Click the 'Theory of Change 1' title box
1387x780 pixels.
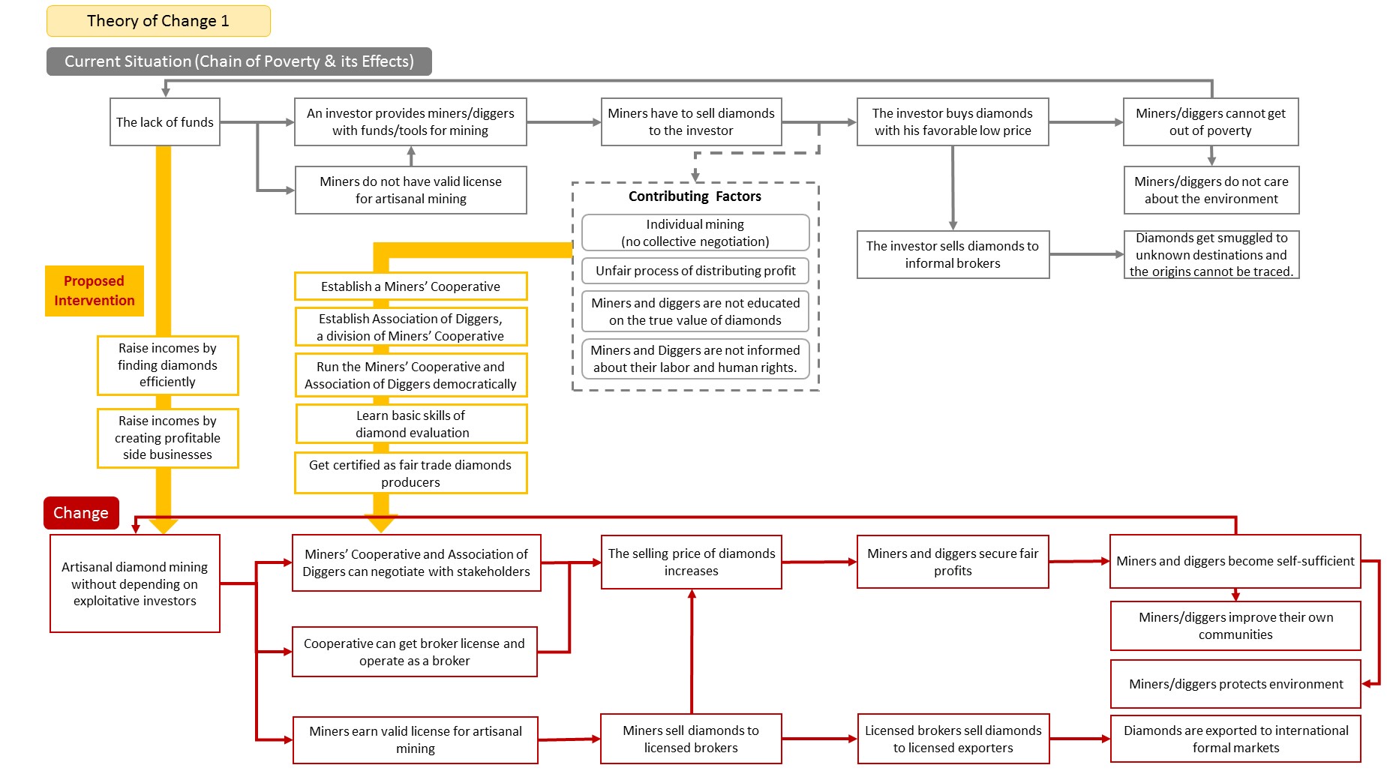(158, 21)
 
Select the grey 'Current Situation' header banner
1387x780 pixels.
(239, 61)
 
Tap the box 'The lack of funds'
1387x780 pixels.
(165, 121)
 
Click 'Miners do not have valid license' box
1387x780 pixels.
(411, 190)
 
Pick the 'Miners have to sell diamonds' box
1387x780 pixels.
(691, 121)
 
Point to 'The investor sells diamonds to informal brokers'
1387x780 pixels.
(953, 254)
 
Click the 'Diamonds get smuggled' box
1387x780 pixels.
(1211, 254)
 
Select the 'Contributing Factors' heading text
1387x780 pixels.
(695, 196)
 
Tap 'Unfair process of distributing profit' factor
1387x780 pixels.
(695, 271)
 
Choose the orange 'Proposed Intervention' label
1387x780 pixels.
(95, 291)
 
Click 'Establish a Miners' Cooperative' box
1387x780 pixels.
(411, 286)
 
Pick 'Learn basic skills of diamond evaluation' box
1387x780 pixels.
(412, 424)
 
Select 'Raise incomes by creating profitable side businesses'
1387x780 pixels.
(168, 438)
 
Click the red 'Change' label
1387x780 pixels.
(81, 513)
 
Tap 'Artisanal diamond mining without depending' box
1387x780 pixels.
(135, 583)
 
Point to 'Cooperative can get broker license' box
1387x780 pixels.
(415, 652)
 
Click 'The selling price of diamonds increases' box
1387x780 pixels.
(691, 562)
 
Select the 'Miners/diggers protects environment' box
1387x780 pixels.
(1235, 684)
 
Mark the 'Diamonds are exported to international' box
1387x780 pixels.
(1235, 739)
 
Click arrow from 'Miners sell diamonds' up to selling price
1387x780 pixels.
(692, 651)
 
